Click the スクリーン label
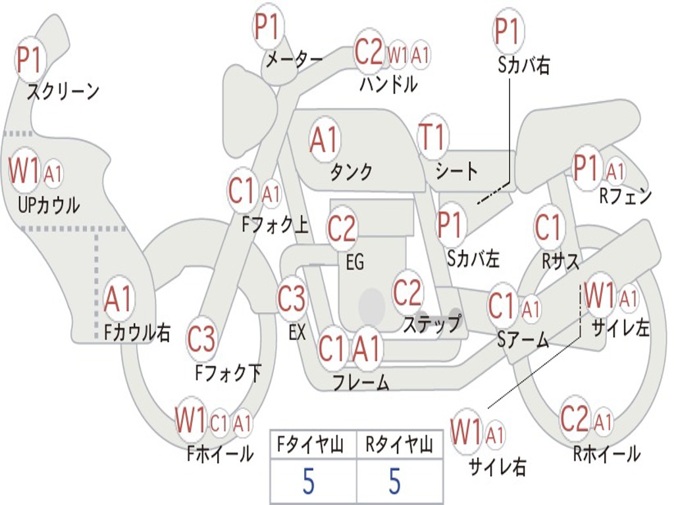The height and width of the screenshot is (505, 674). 63,91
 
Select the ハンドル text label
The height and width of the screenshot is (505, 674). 388,84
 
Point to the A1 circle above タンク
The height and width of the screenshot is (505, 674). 324,139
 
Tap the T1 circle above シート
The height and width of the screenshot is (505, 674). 432,137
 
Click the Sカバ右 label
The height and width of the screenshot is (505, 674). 524,65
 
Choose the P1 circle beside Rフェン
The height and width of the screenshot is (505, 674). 586,168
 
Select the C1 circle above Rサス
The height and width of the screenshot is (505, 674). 548,228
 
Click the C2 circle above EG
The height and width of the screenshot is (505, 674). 342,229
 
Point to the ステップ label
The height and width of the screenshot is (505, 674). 432,324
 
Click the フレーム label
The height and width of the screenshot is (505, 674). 361,382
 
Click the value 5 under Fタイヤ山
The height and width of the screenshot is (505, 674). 309,482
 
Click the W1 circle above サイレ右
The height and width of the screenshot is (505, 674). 466,432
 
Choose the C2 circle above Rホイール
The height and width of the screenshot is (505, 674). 575,419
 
